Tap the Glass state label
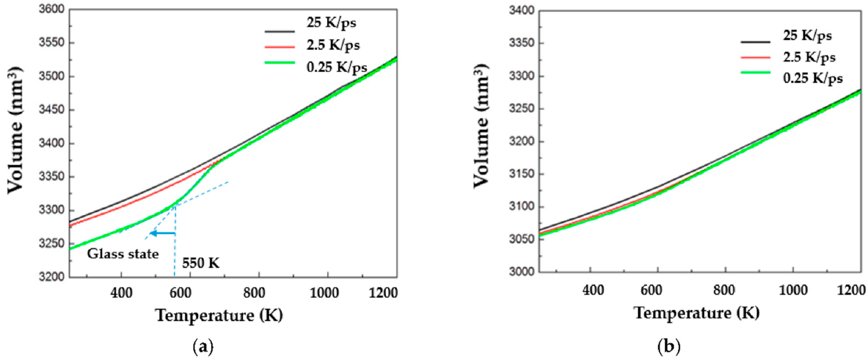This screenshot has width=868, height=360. coord(123,254)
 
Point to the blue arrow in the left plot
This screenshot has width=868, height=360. coord(162,233)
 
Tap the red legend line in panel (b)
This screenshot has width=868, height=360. coord(756,57)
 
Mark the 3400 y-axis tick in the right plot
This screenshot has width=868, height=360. coord(522,11)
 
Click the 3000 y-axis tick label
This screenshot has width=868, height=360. coord(522,271)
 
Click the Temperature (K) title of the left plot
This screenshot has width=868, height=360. coord(219,315)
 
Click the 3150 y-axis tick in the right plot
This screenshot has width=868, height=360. coord(522,174)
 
